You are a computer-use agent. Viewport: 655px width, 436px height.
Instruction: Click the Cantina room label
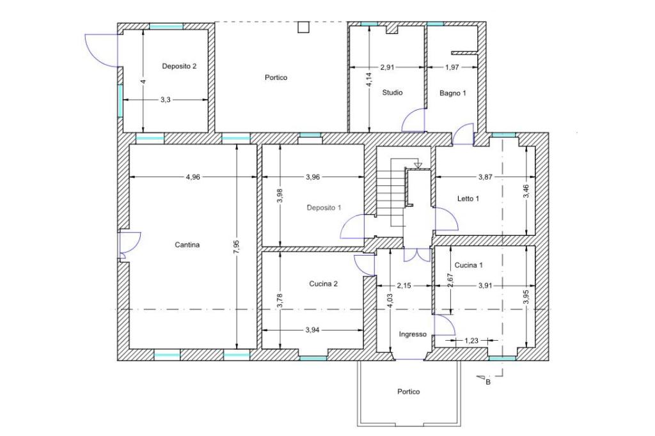pos(187,245)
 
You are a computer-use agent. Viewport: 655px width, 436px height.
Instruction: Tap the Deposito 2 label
pos(179,66)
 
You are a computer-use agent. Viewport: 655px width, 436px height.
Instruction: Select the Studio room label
pos(392,93)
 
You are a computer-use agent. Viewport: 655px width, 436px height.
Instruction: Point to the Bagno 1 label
pos(453,93)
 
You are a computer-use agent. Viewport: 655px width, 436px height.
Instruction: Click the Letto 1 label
pos(468,199)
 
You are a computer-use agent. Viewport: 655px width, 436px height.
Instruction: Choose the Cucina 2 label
pos(323,284)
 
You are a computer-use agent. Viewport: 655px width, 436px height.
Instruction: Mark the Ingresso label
pos(413,334)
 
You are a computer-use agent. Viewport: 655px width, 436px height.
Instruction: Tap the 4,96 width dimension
pos(193,177)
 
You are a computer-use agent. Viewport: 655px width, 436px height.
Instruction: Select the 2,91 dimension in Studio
pos(387,67)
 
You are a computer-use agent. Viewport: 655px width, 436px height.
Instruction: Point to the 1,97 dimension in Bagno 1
pos(452,67)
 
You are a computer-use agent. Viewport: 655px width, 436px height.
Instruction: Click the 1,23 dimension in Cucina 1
pos(471,341)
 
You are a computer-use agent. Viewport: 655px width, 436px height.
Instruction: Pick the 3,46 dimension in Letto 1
pos(526,191)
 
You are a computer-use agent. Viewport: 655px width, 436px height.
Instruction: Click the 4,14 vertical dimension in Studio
pos(369,79)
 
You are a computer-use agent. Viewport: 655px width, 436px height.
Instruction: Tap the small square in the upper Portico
pos(303,27)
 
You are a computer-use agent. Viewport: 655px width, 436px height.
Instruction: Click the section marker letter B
pos(488,382)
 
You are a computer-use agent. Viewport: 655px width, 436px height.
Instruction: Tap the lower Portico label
pos(409,392)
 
